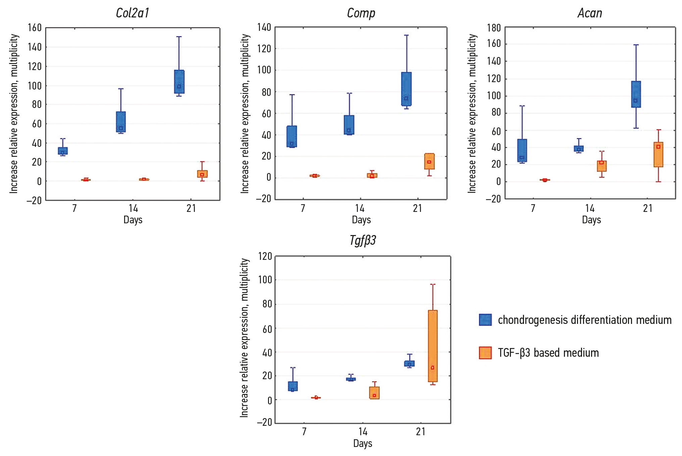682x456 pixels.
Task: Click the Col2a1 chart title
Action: coord(133,13)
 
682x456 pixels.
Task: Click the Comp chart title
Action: coord(361,13)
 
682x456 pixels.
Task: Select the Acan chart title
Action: coord(590,13)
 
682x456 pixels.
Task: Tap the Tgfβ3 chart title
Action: coord(363,240)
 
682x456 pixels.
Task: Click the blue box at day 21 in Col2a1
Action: coord(179,81)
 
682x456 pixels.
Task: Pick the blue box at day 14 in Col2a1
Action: coord(121,122)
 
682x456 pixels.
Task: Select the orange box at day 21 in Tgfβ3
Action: coord(433,346)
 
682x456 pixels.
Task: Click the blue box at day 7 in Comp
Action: coord(292,136)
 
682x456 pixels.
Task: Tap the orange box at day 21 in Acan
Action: coord(659,155)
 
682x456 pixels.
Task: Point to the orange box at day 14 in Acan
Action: coord(602,166)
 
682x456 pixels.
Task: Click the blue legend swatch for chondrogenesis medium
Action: coord(485,320)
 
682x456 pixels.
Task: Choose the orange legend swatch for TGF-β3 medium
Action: coord(485,353)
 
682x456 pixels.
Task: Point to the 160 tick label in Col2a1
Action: coord(35,28)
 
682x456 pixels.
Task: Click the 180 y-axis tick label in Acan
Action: coord(494,28)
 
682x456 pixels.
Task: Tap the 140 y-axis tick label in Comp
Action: coord(264,27)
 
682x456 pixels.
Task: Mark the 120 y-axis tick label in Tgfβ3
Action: coord(265,256)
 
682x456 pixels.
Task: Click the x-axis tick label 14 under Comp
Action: coord(360,209)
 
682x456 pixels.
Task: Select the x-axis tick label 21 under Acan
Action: coord(648,209)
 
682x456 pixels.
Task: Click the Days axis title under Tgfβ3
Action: coord(363,443)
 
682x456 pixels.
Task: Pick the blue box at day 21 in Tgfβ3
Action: coord(409,363)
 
